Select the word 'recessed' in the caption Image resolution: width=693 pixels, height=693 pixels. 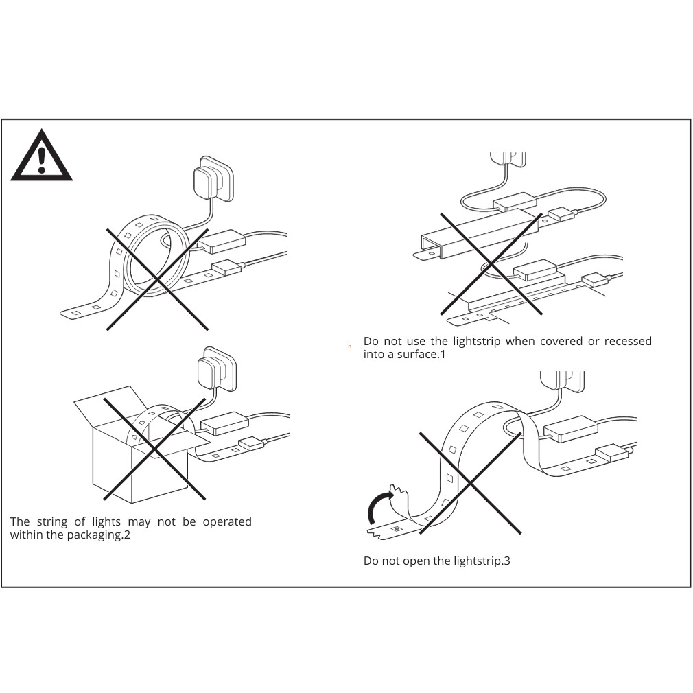[628, 341]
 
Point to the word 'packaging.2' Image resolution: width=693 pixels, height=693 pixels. [98, 535]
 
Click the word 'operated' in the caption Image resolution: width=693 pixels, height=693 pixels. [226, 522]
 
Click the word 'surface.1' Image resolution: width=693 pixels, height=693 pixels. [421, 355]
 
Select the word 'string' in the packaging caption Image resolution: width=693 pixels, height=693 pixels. [52, 522]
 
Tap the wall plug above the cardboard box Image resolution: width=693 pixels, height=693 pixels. [217, 368]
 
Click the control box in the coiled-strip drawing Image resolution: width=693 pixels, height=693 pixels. [222, 242]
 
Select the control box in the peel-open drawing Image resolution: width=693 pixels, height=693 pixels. [570, 428]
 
